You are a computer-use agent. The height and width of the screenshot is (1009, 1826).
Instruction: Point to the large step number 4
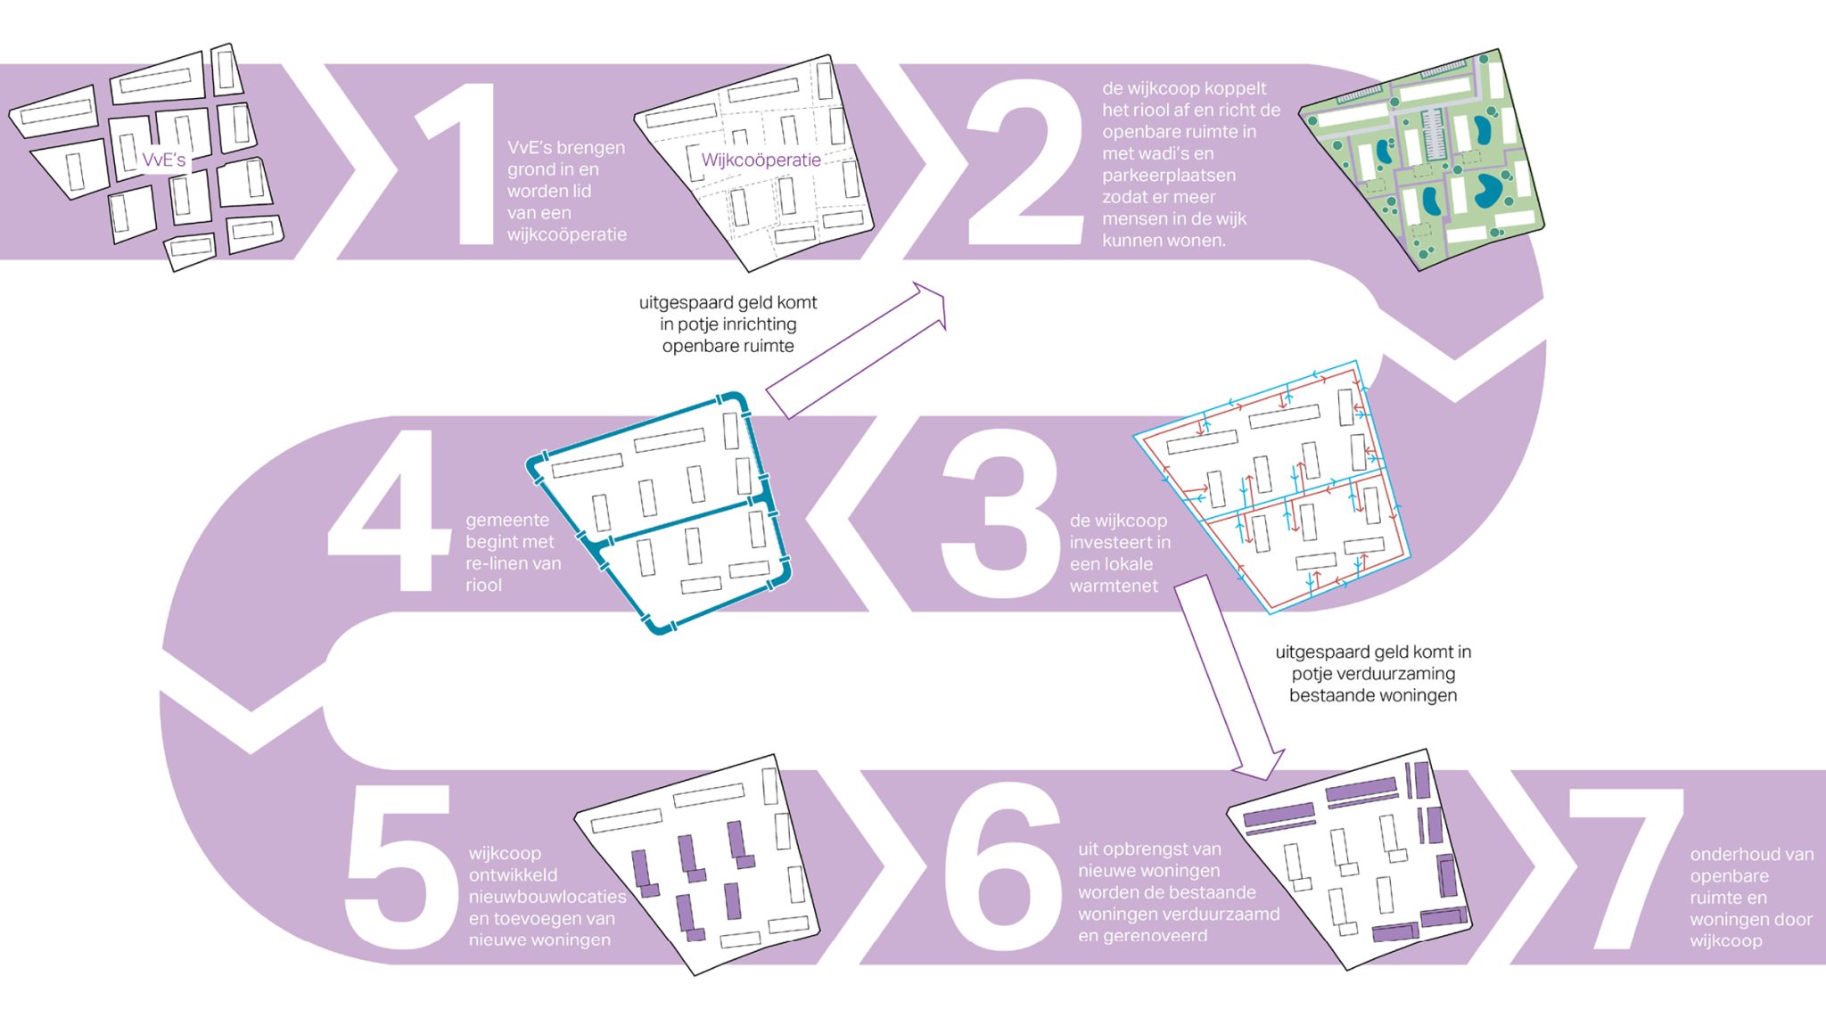391,511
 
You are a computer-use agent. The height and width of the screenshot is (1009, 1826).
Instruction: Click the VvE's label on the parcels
164,160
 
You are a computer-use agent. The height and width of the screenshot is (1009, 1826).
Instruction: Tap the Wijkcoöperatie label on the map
761,160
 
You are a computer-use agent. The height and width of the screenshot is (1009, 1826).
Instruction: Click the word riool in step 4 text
484,586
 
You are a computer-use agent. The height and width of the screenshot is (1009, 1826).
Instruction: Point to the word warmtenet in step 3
1114,586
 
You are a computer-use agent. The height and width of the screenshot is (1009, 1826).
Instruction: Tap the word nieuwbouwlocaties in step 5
547,897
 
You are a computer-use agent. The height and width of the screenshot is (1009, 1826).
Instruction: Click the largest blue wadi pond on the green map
1486,190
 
